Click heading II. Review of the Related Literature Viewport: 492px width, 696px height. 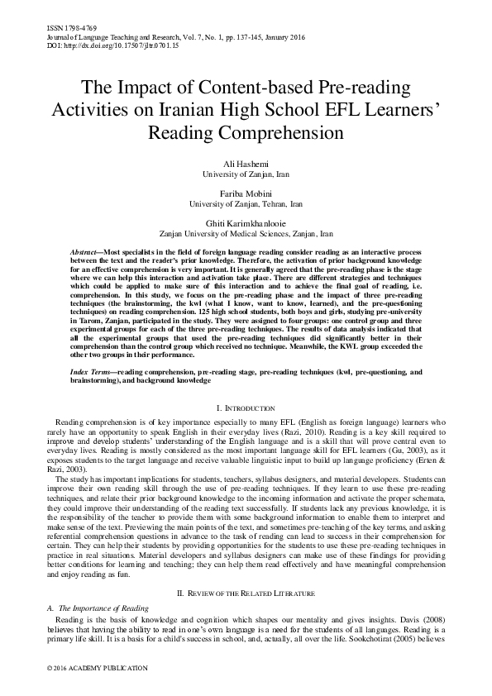pos(246,570)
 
